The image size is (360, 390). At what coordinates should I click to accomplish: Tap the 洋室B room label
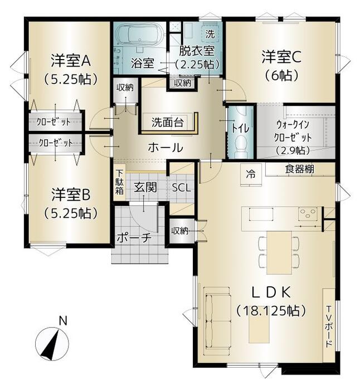(71, 195)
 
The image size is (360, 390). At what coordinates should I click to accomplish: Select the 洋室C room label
(281, 57)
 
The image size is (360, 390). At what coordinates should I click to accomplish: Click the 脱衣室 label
(197, 51)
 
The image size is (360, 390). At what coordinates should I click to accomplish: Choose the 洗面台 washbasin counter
(168, 123)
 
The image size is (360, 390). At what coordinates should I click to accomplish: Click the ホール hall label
(166, 148)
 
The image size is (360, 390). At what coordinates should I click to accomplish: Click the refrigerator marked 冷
(251, 174)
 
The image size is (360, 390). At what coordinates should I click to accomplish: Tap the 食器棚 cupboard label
(300, 169)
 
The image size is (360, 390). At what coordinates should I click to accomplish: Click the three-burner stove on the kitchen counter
(308, 214)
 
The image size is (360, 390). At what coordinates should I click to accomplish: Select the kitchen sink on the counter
(261, 214)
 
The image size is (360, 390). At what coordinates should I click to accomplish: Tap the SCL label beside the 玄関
(182, 188)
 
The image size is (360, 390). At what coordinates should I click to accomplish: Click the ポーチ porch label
(134, 238)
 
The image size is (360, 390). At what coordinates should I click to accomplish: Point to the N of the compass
(63, 321)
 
